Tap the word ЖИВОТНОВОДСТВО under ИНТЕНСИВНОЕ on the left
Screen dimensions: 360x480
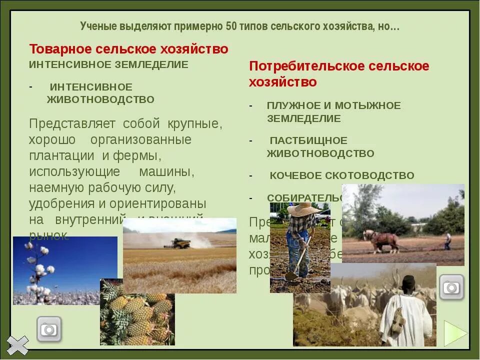pyautogui.click(x=100, y=99)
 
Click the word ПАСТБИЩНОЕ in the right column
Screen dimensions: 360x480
pyautogui.click(x=308, y=140)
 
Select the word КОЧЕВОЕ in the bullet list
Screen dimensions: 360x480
pyautogui.click(x=295, y=175)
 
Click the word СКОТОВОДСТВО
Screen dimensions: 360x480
pyautogui.click(x=369, y=175)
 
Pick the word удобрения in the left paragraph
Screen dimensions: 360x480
pyautogui.click(x=61, y=204)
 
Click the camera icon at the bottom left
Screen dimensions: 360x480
pyautogui.click(x=49, y=329)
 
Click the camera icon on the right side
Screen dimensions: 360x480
pyautogui.click(x=451, y=287)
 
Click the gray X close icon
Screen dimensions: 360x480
pyautogui.click(x=18, y=345)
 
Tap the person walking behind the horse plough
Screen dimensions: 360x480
pyautogui.click(x=447, y=241)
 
